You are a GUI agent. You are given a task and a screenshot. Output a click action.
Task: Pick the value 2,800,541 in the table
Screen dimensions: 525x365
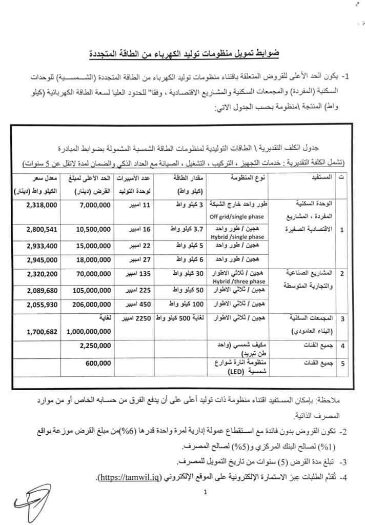point(42,228)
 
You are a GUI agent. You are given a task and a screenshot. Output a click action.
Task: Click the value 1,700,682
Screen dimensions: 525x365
point(42,331)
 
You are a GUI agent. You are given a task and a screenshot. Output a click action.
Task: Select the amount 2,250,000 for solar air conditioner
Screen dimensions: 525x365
point(95,345)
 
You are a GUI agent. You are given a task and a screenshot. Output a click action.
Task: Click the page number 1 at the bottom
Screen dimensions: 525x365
point(205,493)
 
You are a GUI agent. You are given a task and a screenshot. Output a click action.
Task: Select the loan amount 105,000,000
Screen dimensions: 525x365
point(91,291)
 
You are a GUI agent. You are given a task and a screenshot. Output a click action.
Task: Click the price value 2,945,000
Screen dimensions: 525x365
point(42,261)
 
